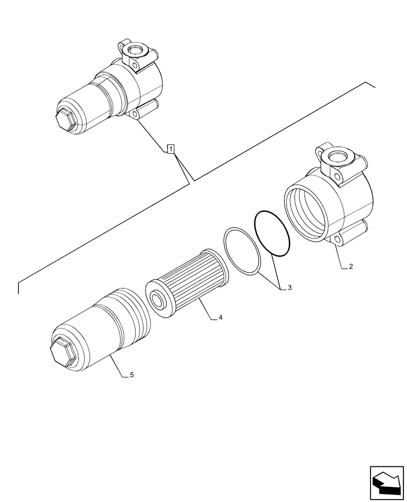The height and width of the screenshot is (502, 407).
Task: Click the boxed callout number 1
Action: coord(170,149)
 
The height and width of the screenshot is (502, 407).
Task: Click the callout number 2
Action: coord(350,267)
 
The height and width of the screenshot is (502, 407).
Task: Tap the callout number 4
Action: coord(220,318)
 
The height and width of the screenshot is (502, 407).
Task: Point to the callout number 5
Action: coord(131,374)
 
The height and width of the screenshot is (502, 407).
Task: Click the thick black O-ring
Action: coord(272,234)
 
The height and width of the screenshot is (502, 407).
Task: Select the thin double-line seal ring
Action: coord(242,252)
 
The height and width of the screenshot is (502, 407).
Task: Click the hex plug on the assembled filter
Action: coord(66,120)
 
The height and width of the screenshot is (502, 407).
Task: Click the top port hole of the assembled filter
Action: coord(136,51)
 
